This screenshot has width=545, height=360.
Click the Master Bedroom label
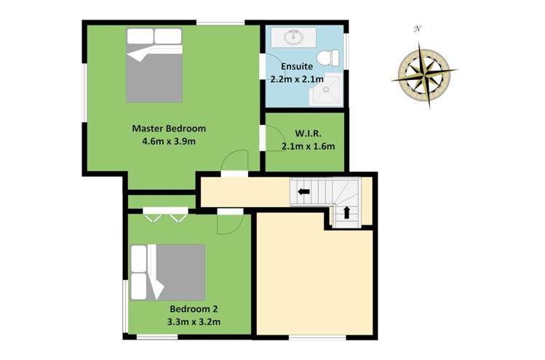[x=169, y=128]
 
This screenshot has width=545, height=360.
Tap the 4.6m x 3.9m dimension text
[x=169, y=141]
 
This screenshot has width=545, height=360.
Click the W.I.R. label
[x=308, y=134]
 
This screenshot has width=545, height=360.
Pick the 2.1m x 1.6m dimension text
[x=308, y=146]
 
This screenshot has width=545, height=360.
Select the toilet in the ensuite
[x=333, y=55]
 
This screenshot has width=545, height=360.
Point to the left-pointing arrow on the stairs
[x=302, y=192]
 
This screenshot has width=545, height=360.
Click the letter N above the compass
[x=418, y=29]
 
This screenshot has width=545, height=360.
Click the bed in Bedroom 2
[x=167, y=272]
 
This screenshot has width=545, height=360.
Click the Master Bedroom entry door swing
[x=234, y=162]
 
